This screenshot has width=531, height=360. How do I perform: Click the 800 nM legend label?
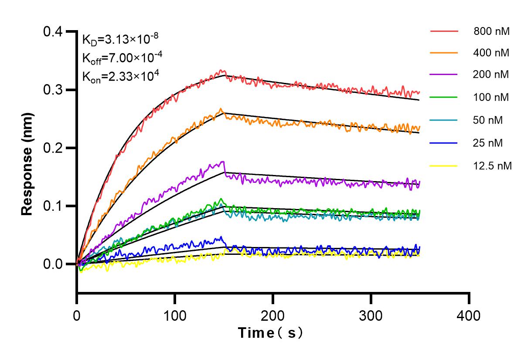tap(492, 31)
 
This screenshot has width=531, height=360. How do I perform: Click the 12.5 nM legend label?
tap(493, 166)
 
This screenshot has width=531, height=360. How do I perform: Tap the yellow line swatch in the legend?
tap(444, 166)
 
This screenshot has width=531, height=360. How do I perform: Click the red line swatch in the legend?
tap(444, 31)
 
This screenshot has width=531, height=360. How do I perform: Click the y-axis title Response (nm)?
tap(27, 164)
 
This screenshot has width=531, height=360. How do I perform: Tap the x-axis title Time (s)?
tap(270, 333)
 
